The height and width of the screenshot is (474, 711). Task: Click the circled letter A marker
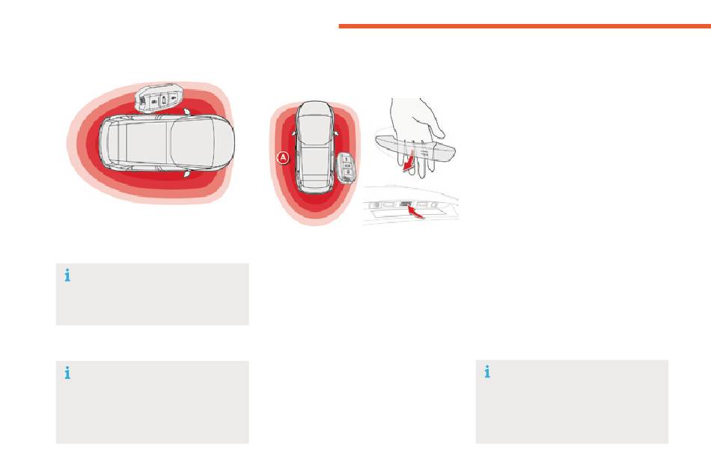coord(283,158)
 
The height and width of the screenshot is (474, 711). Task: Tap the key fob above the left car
coord(159,98)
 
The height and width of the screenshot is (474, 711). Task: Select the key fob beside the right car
coord(347,168)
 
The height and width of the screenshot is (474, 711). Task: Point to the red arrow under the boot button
coord(416,212)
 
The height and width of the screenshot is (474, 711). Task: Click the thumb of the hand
coord(436,128)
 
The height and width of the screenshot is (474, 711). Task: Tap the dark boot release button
coord(406,204)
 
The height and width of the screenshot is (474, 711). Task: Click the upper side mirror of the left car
coord(186,112)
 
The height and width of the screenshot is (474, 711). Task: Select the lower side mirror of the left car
coord(186,174)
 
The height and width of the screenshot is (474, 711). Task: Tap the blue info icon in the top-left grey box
coord(67,276)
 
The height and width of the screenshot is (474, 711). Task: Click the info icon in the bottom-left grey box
coord(67,373)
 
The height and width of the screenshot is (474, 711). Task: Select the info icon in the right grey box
coord(487,371)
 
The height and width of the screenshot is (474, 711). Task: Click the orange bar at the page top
coord(525,26)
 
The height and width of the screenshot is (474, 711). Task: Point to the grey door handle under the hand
coord(415,148)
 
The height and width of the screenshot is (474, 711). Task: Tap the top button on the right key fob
coord(346,159)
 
